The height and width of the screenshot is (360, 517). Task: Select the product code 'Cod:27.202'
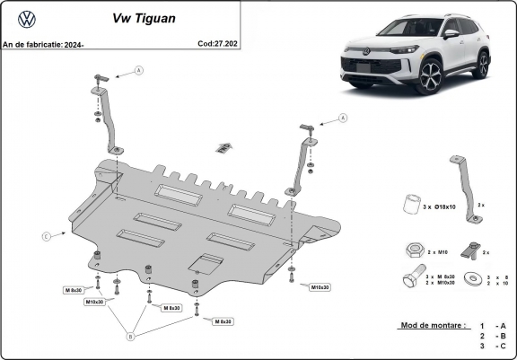tap(217, 42)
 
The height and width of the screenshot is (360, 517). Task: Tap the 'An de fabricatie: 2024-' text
tap(42, 42)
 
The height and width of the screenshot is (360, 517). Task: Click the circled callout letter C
tap(45, 236)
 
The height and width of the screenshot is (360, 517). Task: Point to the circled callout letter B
tap(130, 337)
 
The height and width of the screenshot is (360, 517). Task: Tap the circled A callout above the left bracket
tap(139, 70)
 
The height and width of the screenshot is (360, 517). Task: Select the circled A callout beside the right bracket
tap(342, 118)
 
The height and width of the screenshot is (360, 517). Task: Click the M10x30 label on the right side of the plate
tap(320, 287)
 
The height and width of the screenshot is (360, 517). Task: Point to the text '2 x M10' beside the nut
tap(437, 251)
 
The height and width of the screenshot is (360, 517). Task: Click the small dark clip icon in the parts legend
tap(468, 250)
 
